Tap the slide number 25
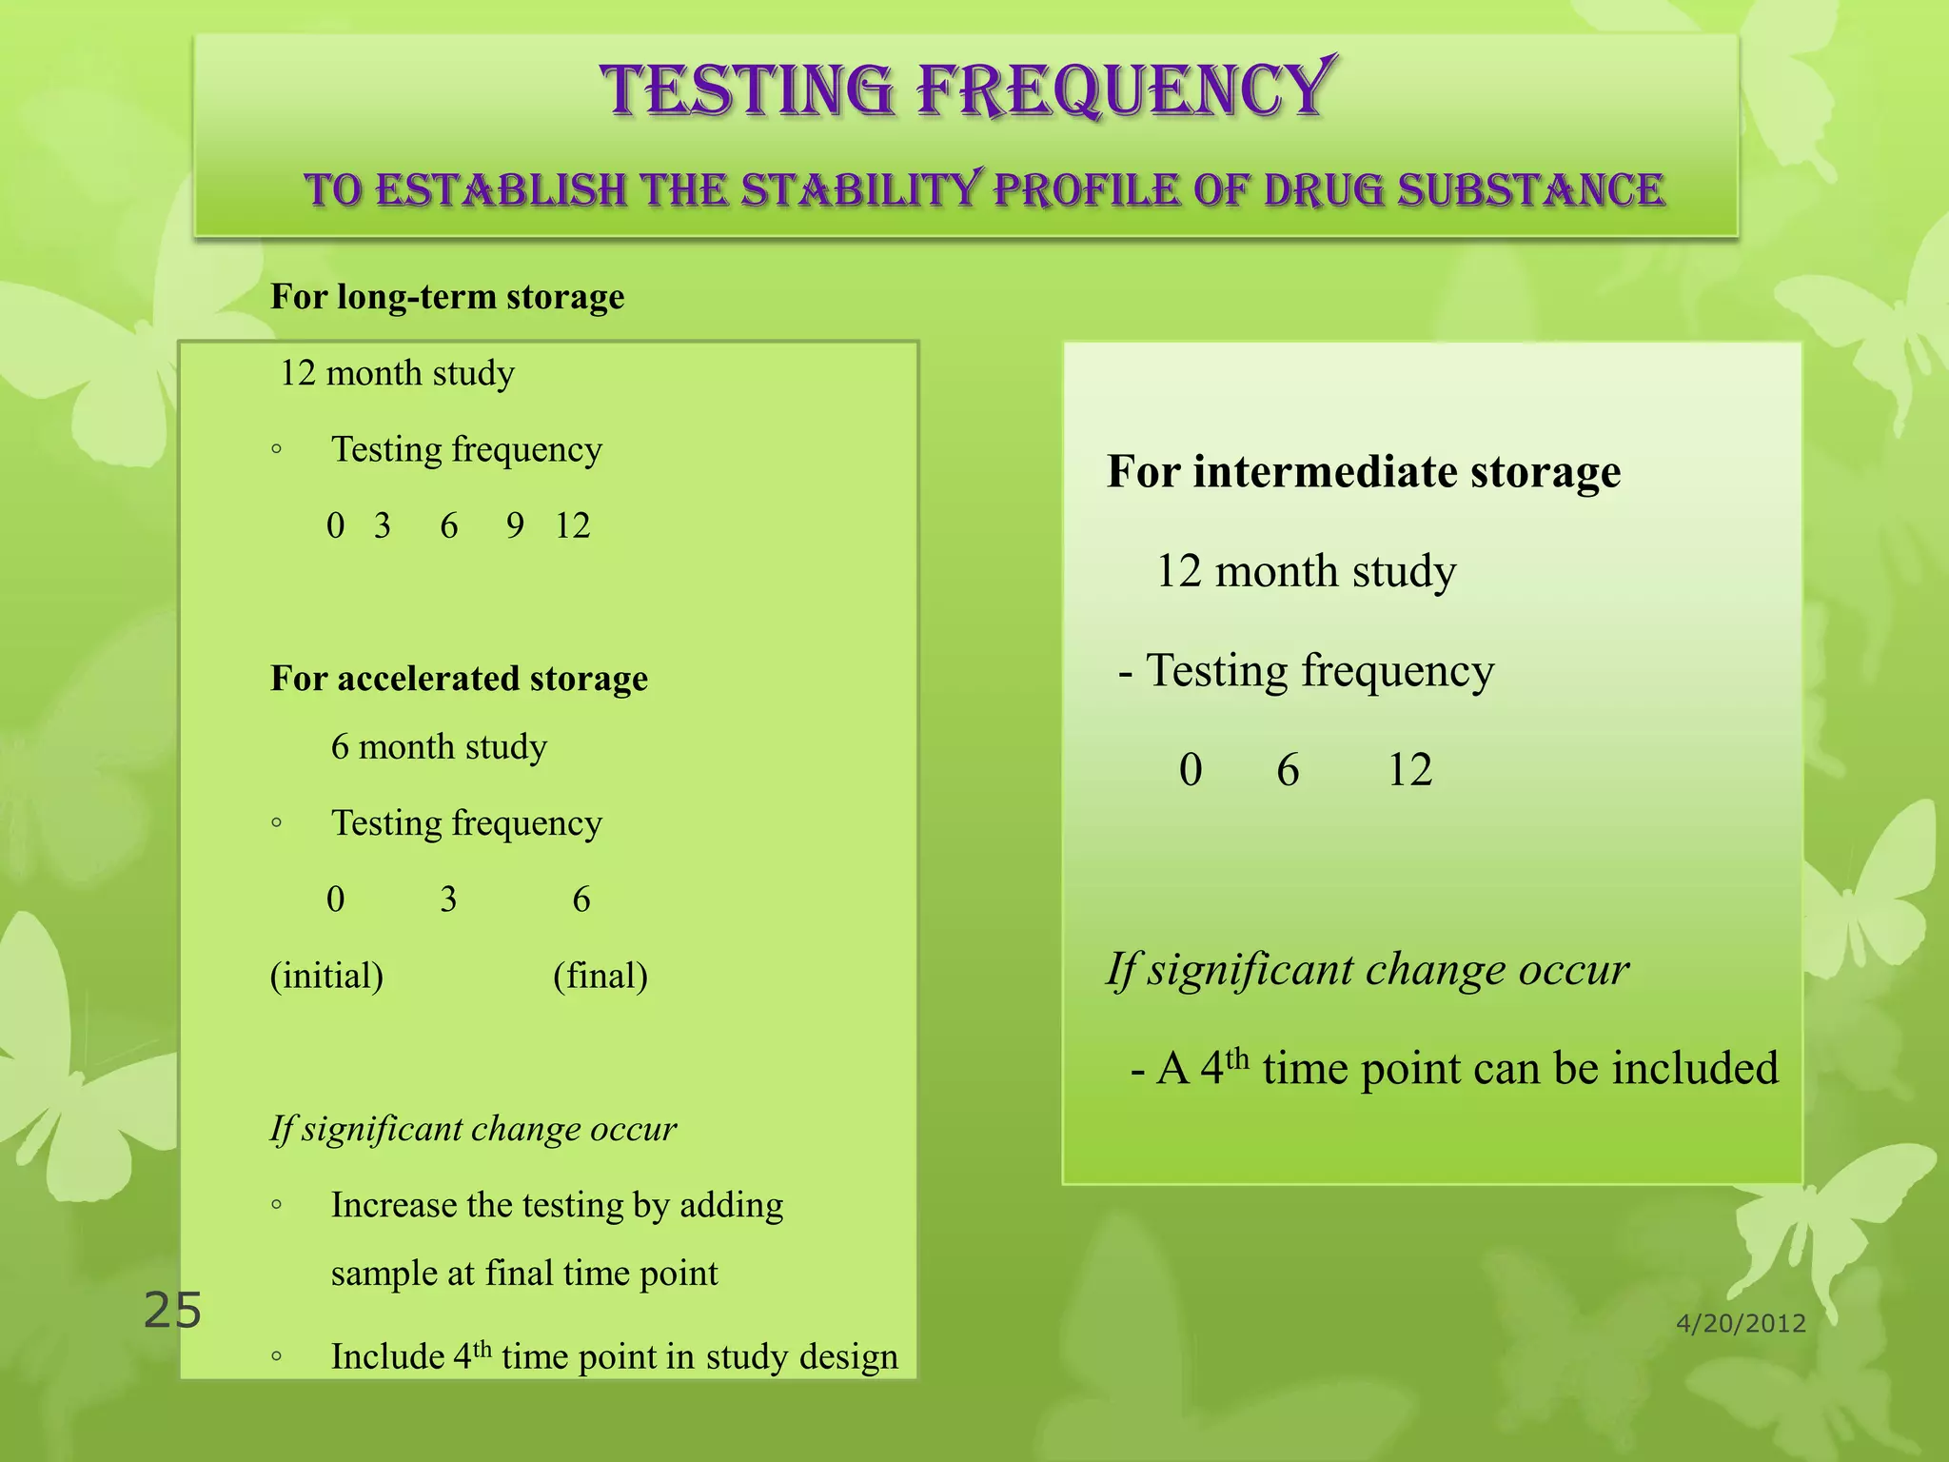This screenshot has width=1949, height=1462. pos(172,1311)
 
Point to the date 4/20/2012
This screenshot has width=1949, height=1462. pos(1741,1323)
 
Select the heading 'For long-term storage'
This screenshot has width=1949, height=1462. pos(447,297)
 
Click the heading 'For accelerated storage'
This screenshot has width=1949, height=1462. pos(459,679)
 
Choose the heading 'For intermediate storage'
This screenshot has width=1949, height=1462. pos(1364,472)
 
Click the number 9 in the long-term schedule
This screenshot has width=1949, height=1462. pos(515,525)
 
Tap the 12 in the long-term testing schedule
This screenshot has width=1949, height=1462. pos(573,525)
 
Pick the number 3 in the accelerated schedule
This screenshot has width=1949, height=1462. pos(448,899)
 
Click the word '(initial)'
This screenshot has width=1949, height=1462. pos(326,976)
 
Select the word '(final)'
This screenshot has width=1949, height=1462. pos(600,976)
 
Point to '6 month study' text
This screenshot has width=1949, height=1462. pos(439,747)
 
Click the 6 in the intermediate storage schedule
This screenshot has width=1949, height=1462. pos(1288,770)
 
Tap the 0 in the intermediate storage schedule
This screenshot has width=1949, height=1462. pos(1191,770)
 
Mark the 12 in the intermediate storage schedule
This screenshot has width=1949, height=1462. pos(1409,770)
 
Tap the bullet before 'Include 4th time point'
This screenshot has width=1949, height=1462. pos(276,1357)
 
